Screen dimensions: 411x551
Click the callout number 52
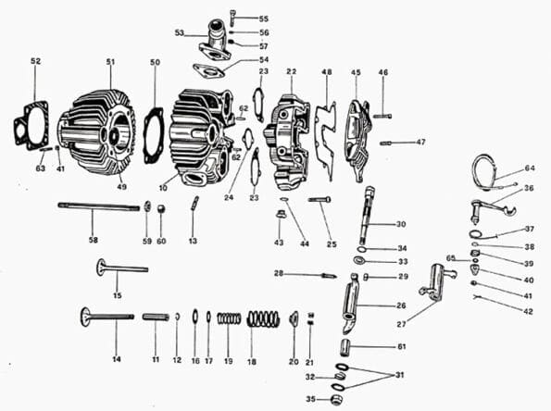click(35, 61)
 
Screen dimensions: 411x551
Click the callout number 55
click(264, 19)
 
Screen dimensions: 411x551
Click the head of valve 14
click(85, 316)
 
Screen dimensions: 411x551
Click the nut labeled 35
click(337, 399)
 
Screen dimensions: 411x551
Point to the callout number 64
click(529, 168)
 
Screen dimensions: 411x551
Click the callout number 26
click(401, 305)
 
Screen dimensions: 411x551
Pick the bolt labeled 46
click(382, 115)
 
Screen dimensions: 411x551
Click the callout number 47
click(420, 142)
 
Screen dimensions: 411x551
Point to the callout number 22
click(291, 71)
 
